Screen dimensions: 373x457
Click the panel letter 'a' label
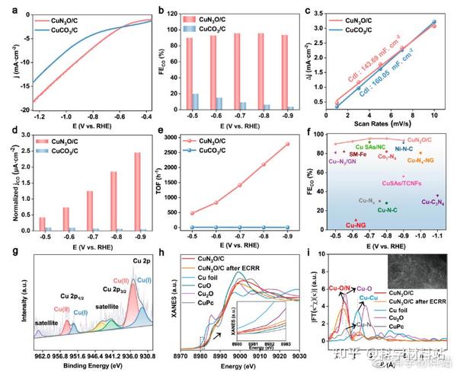coord(6,10)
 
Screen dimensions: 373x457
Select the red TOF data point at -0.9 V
coord(286,144)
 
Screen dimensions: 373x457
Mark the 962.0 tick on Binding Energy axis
coord(42,355)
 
